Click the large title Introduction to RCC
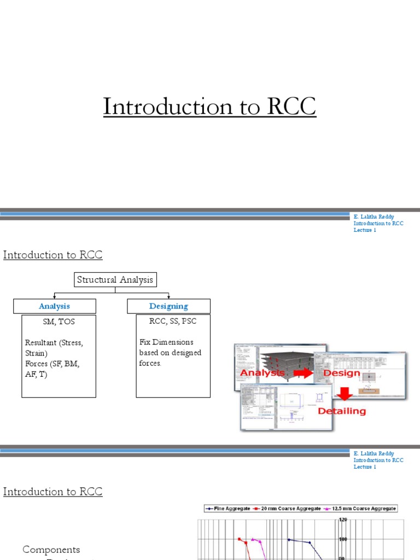pyautogui.click(x=209, y=107)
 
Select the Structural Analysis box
pyautogui.click(x=115, y=280)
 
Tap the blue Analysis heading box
pyautogui.click(x=54, y=306)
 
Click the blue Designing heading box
pyautogui.click(x=168, y=306)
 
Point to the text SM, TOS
pyautogui.click(x=58, y=322)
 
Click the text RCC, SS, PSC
pyautogui.click(x=173, y=322)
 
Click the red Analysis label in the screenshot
pyautogui.click(x=262, y=373)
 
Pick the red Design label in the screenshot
pyautogui.click(x=342, y=374)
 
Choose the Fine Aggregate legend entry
pyautogui.click(x=228, y=508)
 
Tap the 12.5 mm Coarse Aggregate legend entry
pyautogui.click(x=361, y=508)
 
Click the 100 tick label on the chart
pyautogui.click(x=343, y=539)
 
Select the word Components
pyautogui.click(x=51, y=550)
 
